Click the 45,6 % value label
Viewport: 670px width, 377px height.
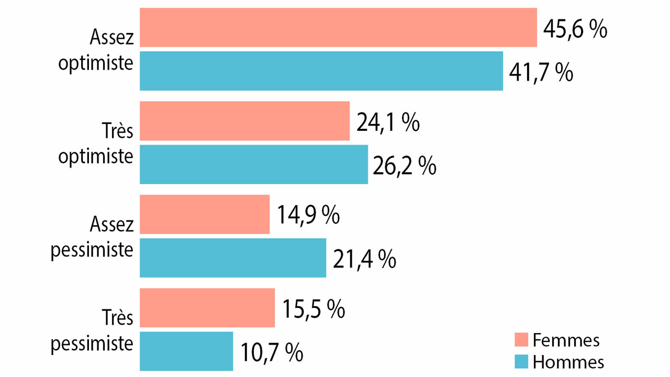575,29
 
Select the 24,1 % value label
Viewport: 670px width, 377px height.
387,122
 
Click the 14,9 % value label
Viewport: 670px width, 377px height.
308,215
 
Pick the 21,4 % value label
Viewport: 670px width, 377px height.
364,259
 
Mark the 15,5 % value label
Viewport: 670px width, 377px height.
313,308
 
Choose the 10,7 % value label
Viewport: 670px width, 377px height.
271,352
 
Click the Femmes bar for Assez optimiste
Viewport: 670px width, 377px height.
338,27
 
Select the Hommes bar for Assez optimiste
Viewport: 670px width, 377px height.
321,71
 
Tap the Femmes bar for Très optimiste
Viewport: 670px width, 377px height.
244,121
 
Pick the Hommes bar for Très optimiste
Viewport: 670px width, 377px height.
254,164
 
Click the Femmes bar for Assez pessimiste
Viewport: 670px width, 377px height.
205,214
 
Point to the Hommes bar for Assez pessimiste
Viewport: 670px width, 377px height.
233,258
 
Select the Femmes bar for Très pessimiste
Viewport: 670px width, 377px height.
207,307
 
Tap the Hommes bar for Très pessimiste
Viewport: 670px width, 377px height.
186,351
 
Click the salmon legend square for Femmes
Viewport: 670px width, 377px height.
521,339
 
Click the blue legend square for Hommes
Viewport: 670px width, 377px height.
521,361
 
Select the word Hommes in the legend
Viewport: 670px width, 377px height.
568,361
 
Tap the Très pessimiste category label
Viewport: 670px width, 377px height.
92,330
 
